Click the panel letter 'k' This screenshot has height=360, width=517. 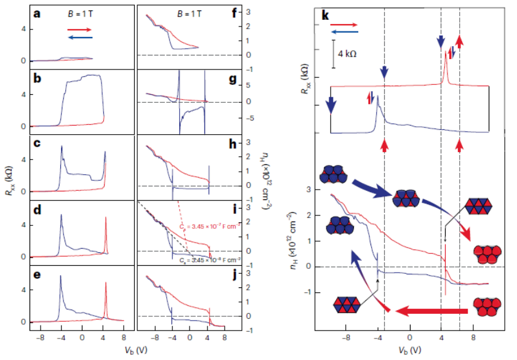(x=326, y=14)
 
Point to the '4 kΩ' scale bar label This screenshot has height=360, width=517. (x=347, y=54)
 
